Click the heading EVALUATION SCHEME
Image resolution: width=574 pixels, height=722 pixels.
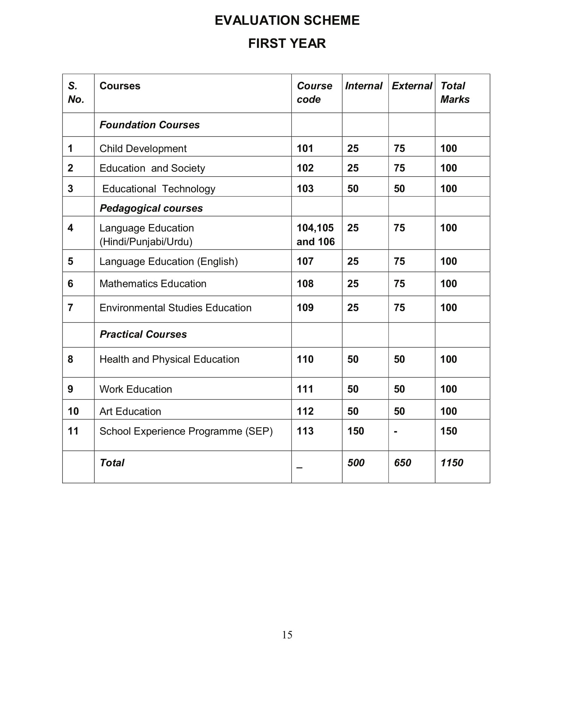pos(287,20)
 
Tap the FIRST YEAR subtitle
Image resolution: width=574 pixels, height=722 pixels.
pos(287,43)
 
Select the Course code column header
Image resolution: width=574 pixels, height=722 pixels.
pos(314,93)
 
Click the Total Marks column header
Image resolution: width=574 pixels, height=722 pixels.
pos(455,93)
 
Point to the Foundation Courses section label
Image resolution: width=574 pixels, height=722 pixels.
pos(149,125)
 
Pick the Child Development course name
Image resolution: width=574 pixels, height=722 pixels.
pos(143,148)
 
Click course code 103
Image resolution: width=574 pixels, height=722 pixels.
pos(305,189)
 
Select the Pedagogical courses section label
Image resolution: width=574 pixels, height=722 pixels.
pos(151,208)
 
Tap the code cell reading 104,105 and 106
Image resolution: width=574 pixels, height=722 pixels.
pos(315,235)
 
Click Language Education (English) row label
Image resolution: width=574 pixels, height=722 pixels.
pos(168,261)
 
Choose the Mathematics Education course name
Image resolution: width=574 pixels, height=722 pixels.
pos(153,284)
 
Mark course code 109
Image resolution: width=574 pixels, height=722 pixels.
pos(305,308)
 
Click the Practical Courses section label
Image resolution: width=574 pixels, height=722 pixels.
pos(143,334)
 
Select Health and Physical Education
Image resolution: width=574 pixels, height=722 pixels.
pos(169,359)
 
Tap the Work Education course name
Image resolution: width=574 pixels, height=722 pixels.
pos(135,389)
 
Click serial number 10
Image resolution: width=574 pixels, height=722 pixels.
pos(73,411)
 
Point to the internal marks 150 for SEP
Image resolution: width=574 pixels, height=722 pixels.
pos(356,431)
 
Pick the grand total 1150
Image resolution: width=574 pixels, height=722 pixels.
pos(451,463)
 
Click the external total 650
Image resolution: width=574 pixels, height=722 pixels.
pos(402,463)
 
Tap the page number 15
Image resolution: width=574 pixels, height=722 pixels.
pos(287,635)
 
